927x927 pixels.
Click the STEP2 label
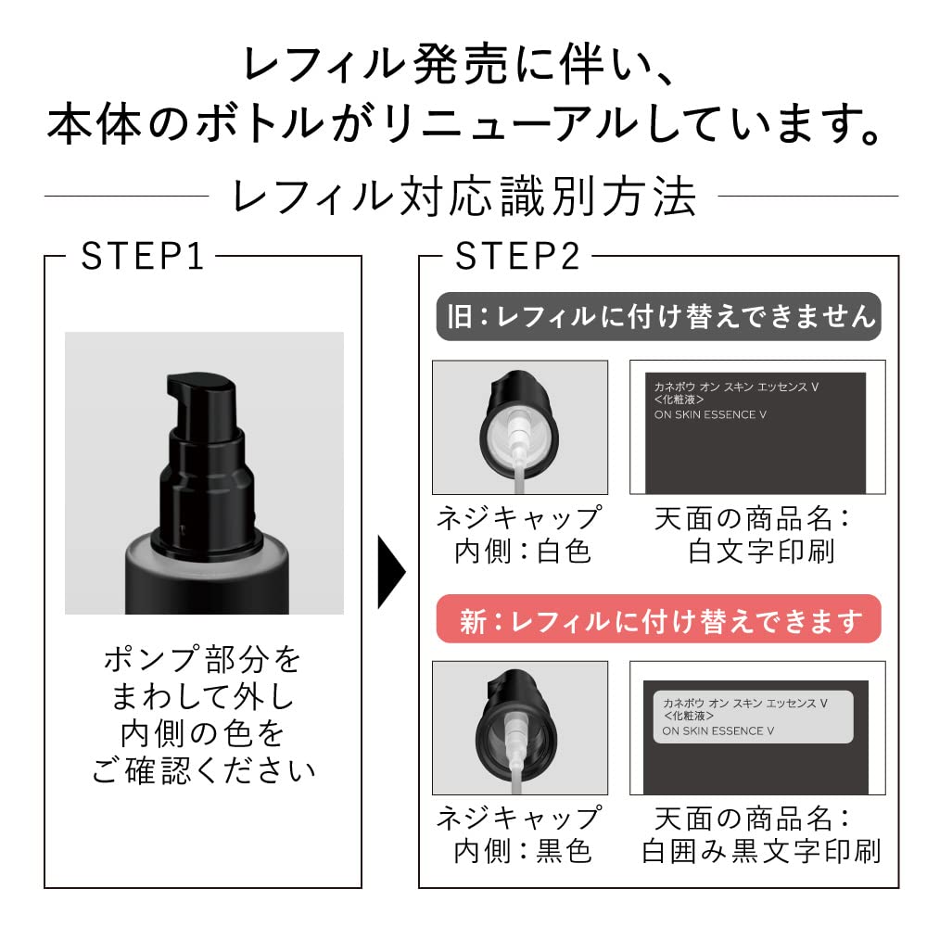tap(516, 257)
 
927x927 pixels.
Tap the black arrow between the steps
tap(391, 582)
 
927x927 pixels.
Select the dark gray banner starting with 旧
tap(658, 317)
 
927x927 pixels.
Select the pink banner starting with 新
tap(658, 620)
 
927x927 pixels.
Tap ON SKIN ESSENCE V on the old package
tap(705, 414)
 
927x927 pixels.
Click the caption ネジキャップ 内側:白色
tap(520, 534)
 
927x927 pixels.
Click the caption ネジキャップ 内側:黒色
tap(520, 834)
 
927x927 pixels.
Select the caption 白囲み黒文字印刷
tap(761, 851)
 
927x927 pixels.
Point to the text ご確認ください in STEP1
tap(203, 768)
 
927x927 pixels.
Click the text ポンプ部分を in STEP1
tap(203, 660)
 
